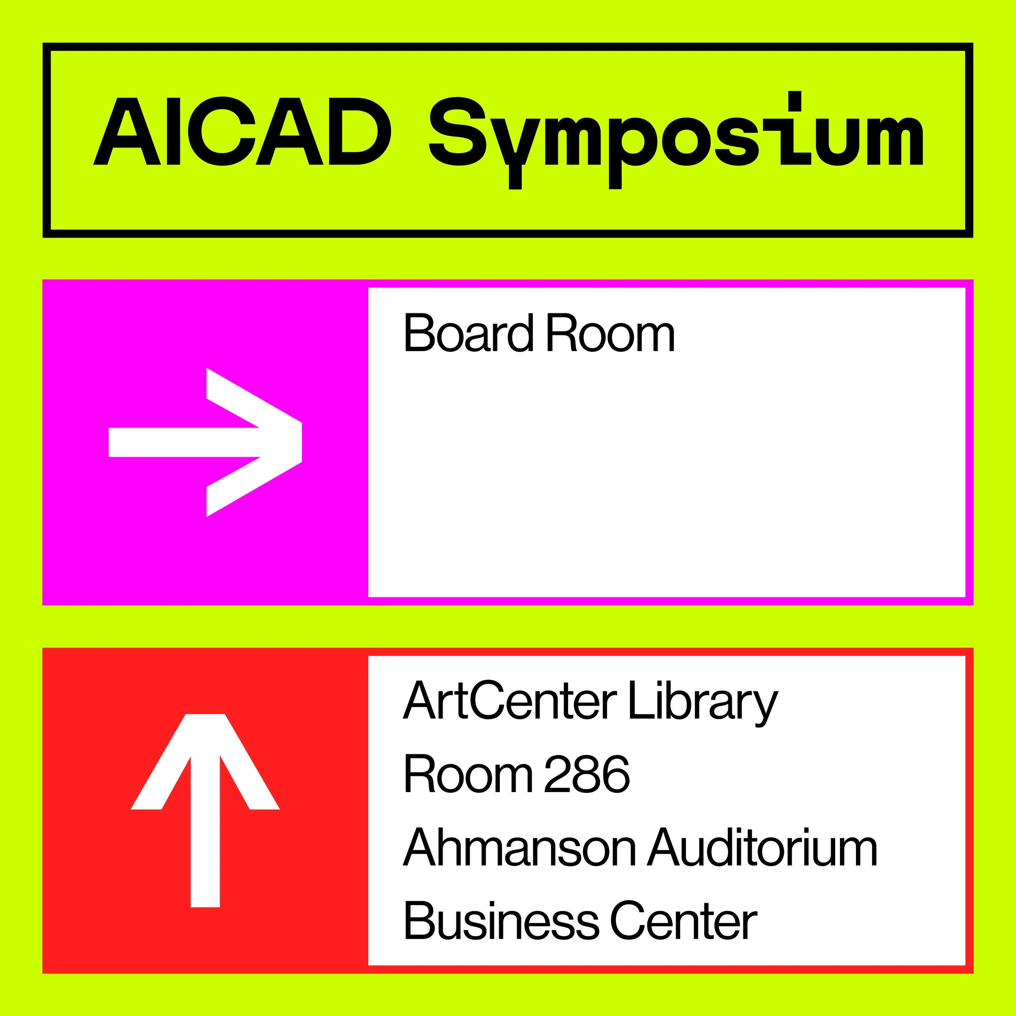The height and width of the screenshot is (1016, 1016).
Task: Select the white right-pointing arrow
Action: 205,442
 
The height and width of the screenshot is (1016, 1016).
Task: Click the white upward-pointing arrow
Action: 205,810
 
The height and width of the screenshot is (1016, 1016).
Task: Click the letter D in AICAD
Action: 358,131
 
